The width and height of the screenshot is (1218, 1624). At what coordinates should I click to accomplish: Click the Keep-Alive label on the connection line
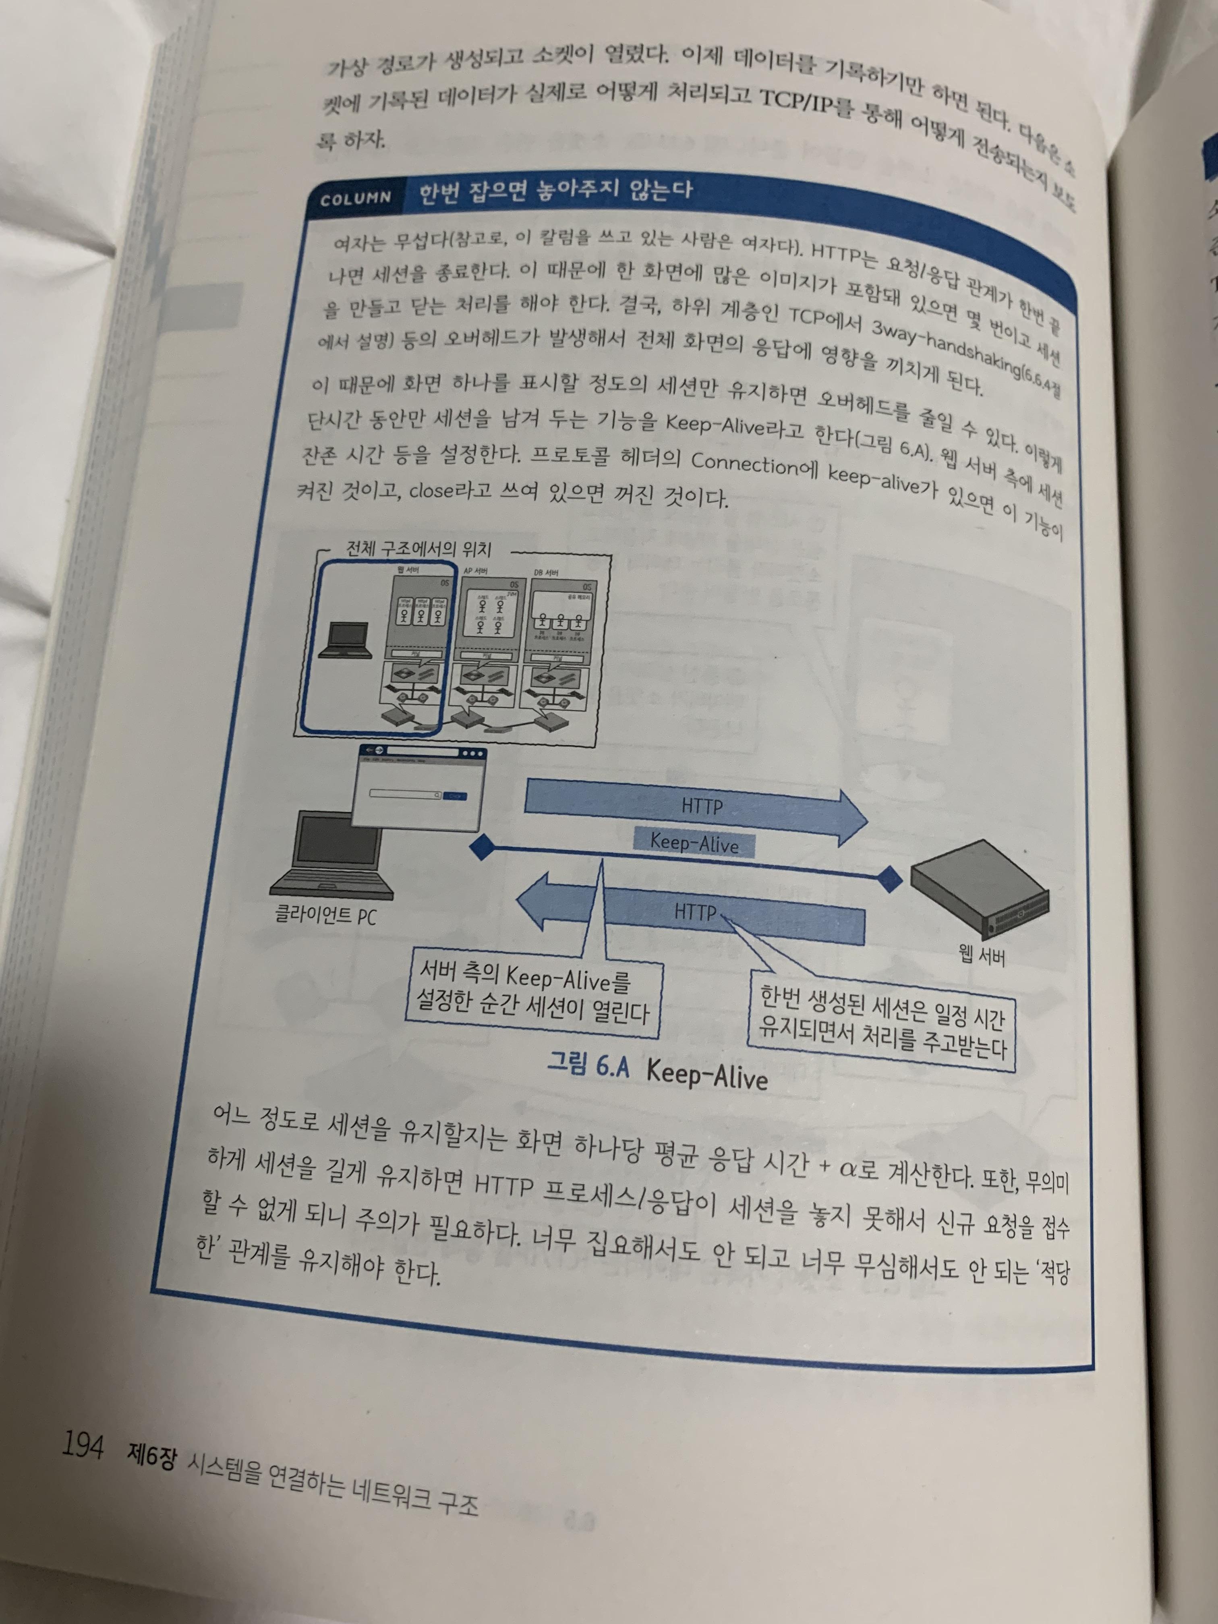point(694,843)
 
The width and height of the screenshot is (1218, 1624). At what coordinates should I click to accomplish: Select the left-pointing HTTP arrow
point(690,913)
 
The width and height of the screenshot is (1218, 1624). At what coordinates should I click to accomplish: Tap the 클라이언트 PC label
point(325,915)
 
